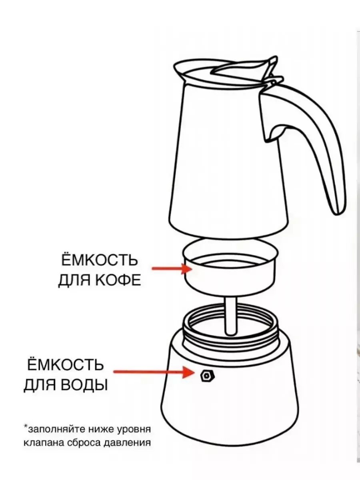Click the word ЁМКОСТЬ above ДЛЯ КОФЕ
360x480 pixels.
(98, 260)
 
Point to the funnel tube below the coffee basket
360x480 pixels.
(232, 316)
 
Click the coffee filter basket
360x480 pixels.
(230, 272)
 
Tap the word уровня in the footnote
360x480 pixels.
(135, 430)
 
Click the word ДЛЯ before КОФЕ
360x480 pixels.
(74, 280)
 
